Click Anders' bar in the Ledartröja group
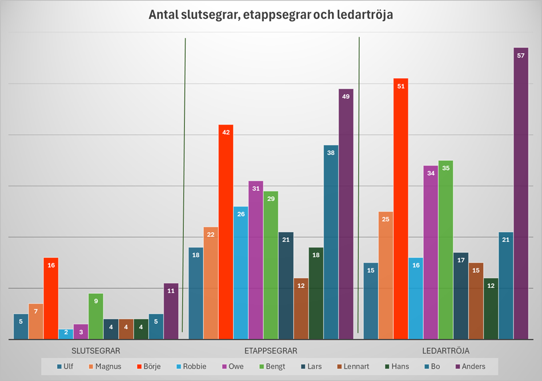click(520, 194)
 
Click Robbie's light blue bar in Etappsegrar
click(241, 273)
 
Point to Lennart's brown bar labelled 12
click(301, 309)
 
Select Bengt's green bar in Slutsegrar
click(96, 317)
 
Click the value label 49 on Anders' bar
click(346, 96)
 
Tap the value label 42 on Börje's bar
click(226, 132)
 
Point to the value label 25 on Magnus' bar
click(386, 219)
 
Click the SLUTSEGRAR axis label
click(96, 350)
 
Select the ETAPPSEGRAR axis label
click(271, 350)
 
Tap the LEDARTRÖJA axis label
click(445, 350)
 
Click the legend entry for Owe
click(232, 366)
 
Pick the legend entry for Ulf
click(65, 366)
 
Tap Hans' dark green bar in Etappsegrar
click(316, 293)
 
